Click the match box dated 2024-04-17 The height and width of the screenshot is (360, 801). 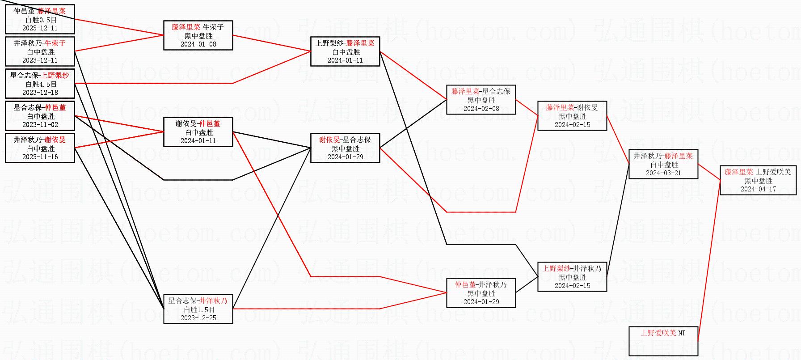pos(758,180)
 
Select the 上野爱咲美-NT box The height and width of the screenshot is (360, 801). pos(663,341)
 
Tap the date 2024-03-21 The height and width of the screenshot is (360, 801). pos(663,173)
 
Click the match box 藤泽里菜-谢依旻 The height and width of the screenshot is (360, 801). pos(572,116)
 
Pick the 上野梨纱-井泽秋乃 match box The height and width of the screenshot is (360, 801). pos(572,277)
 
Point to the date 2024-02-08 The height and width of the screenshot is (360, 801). pos(481,109)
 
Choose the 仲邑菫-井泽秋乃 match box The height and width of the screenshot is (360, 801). pos(481,293)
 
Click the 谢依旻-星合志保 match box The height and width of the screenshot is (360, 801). pos(345,148)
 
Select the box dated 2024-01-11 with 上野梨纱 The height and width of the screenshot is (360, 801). pos(345,51)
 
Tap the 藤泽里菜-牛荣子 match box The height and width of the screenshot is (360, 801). pos(198,35)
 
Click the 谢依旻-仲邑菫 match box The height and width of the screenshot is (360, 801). pos(198,132)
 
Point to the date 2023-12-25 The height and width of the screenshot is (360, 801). pos(198,318)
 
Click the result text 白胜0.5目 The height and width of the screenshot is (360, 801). pos(41,20)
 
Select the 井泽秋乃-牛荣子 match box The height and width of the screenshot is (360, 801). pos(40,51)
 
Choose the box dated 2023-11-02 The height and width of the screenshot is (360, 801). pos(40,116)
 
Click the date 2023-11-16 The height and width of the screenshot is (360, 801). pos(40,157)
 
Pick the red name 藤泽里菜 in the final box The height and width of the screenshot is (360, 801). pos(738,172)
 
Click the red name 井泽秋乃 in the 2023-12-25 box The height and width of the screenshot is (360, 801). pos(213,301)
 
